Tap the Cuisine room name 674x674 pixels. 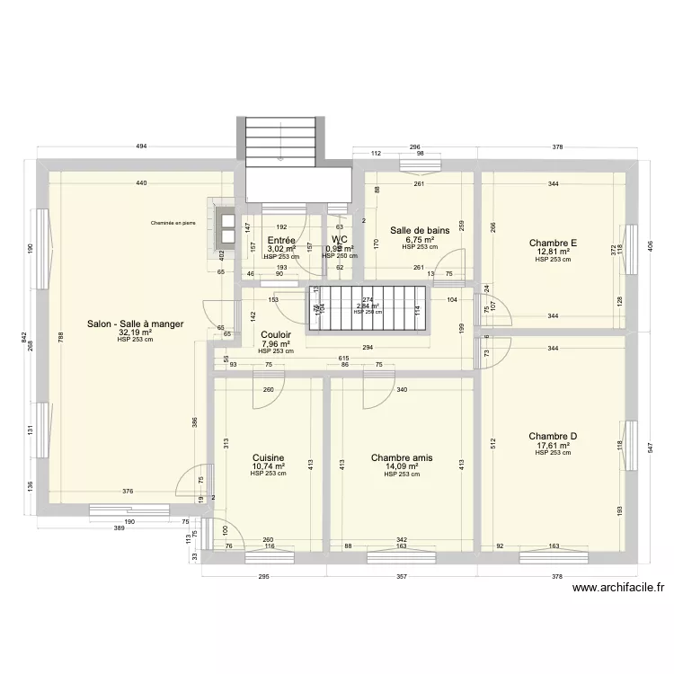click(269, 457)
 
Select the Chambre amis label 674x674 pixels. click(402, 457)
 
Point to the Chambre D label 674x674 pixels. click(553, 437)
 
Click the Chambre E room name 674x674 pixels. click(553, 243)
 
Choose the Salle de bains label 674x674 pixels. click(420, 230)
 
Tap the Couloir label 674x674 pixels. click(276, 333)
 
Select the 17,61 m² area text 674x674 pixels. click(553, 446)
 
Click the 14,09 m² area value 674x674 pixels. click(402, 466)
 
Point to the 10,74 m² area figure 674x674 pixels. click(269, 466)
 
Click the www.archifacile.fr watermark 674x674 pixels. click(618, 588)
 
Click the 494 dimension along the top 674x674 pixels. click(141, 146)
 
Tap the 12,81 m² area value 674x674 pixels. click(553, 252)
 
